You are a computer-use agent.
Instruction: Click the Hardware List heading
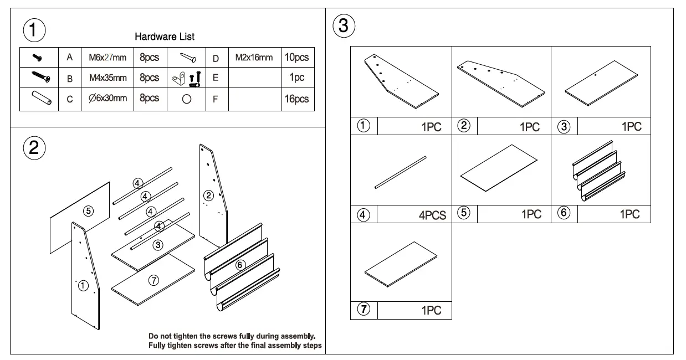click(165, 37)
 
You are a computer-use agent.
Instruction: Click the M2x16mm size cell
click(254, 57)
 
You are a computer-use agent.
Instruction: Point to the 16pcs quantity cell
click(297, 99)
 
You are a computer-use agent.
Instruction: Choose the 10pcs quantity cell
click(297, 57)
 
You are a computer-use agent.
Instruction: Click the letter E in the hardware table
click(216, 78)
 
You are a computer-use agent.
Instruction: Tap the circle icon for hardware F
click(187, 99)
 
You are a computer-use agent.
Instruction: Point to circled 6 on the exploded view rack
click(240, 265)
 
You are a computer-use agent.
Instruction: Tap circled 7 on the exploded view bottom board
click(155, 280)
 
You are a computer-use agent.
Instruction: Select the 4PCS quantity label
click(432, 215)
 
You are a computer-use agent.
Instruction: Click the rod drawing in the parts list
click(401, 173)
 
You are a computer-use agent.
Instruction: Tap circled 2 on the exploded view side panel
click(208, 194)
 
